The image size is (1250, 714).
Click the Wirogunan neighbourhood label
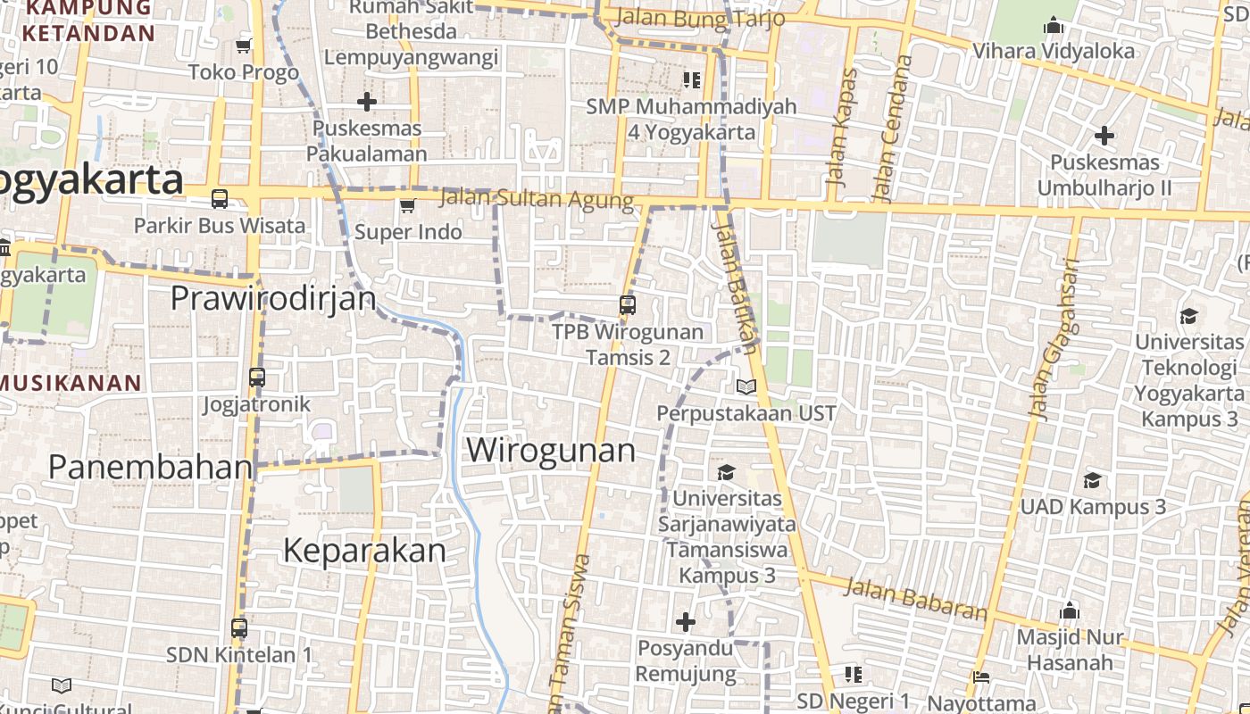tap(551, 450)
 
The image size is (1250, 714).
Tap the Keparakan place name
tap(364, 551)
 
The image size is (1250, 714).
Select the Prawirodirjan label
tap(273, 298)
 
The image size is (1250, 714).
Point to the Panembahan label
tap(150, 467)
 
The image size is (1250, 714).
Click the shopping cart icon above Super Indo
tap(407, 206)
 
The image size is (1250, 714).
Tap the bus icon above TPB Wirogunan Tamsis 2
tap(628, 305)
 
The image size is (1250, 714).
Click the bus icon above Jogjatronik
tap(257, 378)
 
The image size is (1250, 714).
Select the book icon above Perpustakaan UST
tap(746, 386)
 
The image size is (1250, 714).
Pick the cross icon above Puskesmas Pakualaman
tap(366, 101)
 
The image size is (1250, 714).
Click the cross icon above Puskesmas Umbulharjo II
tap(1104, 136)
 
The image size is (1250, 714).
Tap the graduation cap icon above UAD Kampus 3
tap(1092, 481)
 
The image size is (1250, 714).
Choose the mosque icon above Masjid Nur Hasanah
tap(1070, 611)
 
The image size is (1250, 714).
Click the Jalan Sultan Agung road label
tap(537, 199)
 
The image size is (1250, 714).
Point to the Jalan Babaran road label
tap(915, 599)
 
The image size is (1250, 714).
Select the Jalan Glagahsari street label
tap(1054, 340)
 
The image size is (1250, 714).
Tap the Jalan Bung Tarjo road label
tap(700, 18)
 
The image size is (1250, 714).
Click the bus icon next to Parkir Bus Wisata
tap(220, 198)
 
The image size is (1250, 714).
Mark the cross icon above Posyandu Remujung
tap(686, 621)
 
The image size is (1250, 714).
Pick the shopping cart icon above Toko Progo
tap(244, 46)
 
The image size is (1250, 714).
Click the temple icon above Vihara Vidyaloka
tap(1054, 25)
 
